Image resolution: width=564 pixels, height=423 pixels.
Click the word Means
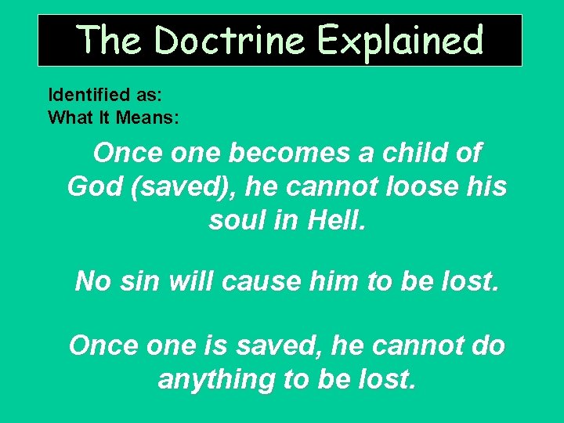(x=150, y=118)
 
